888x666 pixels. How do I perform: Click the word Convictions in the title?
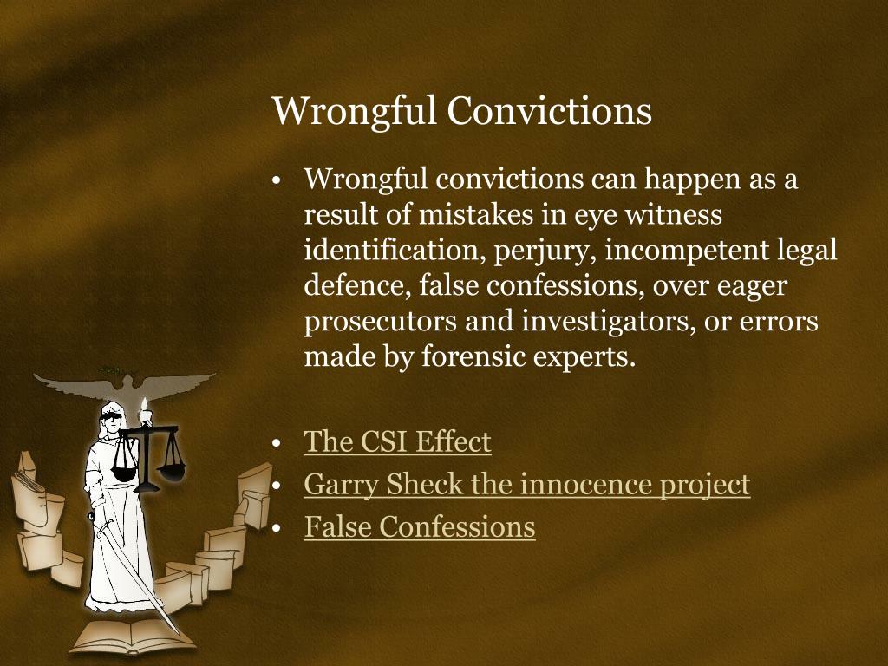549,112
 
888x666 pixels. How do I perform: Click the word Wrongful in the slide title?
354,112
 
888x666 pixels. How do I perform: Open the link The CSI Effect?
397,442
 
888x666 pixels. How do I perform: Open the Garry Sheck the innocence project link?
526,484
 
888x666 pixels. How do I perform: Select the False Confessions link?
420,526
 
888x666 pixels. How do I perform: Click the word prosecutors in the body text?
381,321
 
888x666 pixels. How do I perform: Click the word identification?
395,250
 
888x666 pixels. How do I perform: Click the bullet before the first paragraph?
277,181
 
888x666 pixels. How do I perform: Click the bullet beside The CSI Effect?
277,443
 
